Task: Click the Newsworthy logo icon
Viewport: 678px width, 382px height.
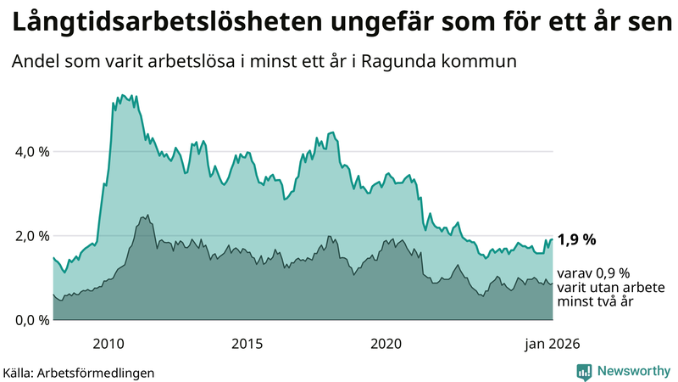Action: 584,371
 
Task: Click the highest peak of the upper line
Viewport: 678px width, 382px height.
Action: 124,95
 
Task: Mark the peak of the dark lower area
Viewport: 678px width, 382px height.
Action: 147,216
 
